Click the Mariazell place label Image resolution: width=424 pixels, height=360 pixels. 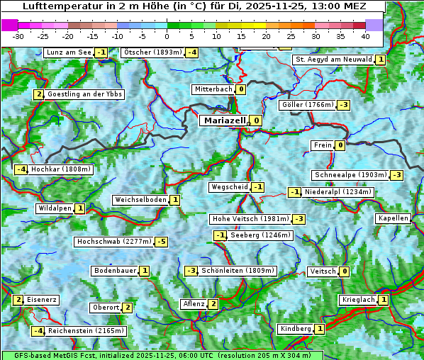[x=224, y=120]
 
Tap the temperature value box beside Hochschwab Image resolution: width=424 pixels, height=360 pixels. [x=162, y=242]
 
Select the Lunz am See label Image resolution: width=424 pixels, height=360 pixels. [x=69, y=52]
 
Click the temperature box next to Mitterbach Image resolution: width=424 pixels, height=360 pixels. [x=241, y=89]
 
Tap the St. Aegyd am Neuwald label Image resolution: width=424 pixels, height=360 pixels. [x=333, y=60]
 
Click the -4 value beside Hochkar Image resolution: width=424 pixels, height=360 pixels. [x=21, y=169]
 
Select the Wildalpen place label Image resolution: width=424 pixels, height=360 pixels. [x=55, y=208]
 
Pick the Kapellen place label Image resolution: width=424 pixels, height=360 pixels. [x=394, y=218]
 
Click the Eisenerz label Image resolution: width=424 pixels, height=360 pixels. [x=42, y=300]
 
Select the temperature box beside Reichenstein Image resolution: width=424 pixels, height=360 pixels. [x=38, y=331]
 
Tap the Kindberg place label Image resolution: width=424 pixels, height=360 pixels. [x=296, y=329]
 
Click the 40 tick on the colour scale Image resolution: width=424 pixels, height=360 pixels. [x=365, y=35]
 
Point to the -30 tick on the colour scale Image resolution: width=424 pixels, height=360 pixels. [x=18, y=35]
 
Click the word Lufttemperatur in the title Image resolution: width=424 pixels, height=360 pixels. [x=55, y=7]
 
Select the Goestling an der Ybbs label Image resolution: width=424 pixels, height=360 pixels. [x=84, y=94]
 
